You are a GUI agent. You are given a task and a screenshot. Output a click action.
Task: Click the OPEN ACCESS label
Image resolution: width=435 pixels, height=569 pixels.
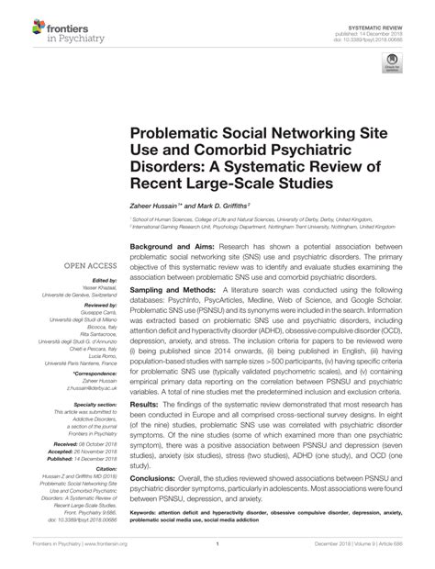86,266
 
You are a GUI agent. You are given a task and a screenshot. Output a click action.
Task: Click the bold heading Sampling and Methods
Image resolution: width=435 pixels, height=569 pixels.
170,288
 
